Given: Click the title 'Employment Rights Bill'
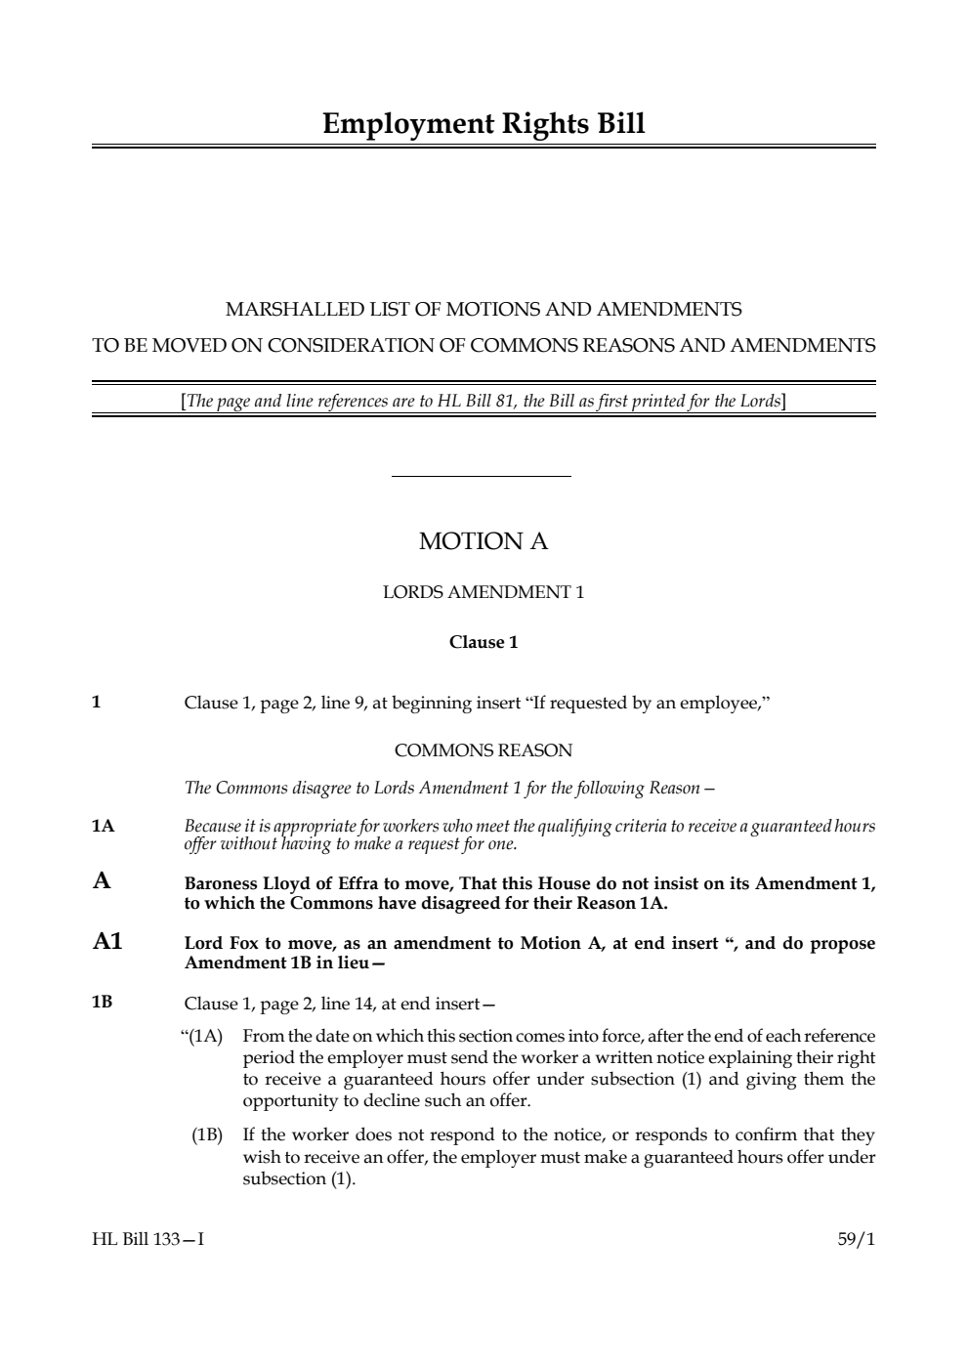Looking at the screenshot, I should [x=484, y=124].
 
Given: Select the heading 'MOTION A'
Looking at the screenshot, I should [x=484, y=541].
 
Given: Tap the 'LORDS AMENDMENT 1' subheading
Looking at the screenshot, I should [x=484, y=592].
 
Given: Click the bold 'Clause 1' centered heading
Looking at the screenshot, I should [x=484, y=642].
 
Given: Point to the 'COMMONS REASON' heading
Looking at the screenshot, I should [x=484, y=750].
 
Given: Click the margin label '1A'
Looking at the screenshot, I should [x=103, y=827].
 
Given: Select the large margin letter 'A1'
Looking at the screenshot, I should [x=107, y=942].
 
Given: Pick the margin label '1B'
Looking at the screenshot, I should [x=103, y=1003].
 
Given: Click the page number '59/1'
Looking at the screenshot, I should [x=856, y=1240].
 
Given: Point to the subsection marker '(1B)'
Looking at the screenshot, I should [x=207, y=1135].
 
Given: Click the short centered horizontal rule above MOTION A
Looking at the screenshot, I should [x=481, y=477].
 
